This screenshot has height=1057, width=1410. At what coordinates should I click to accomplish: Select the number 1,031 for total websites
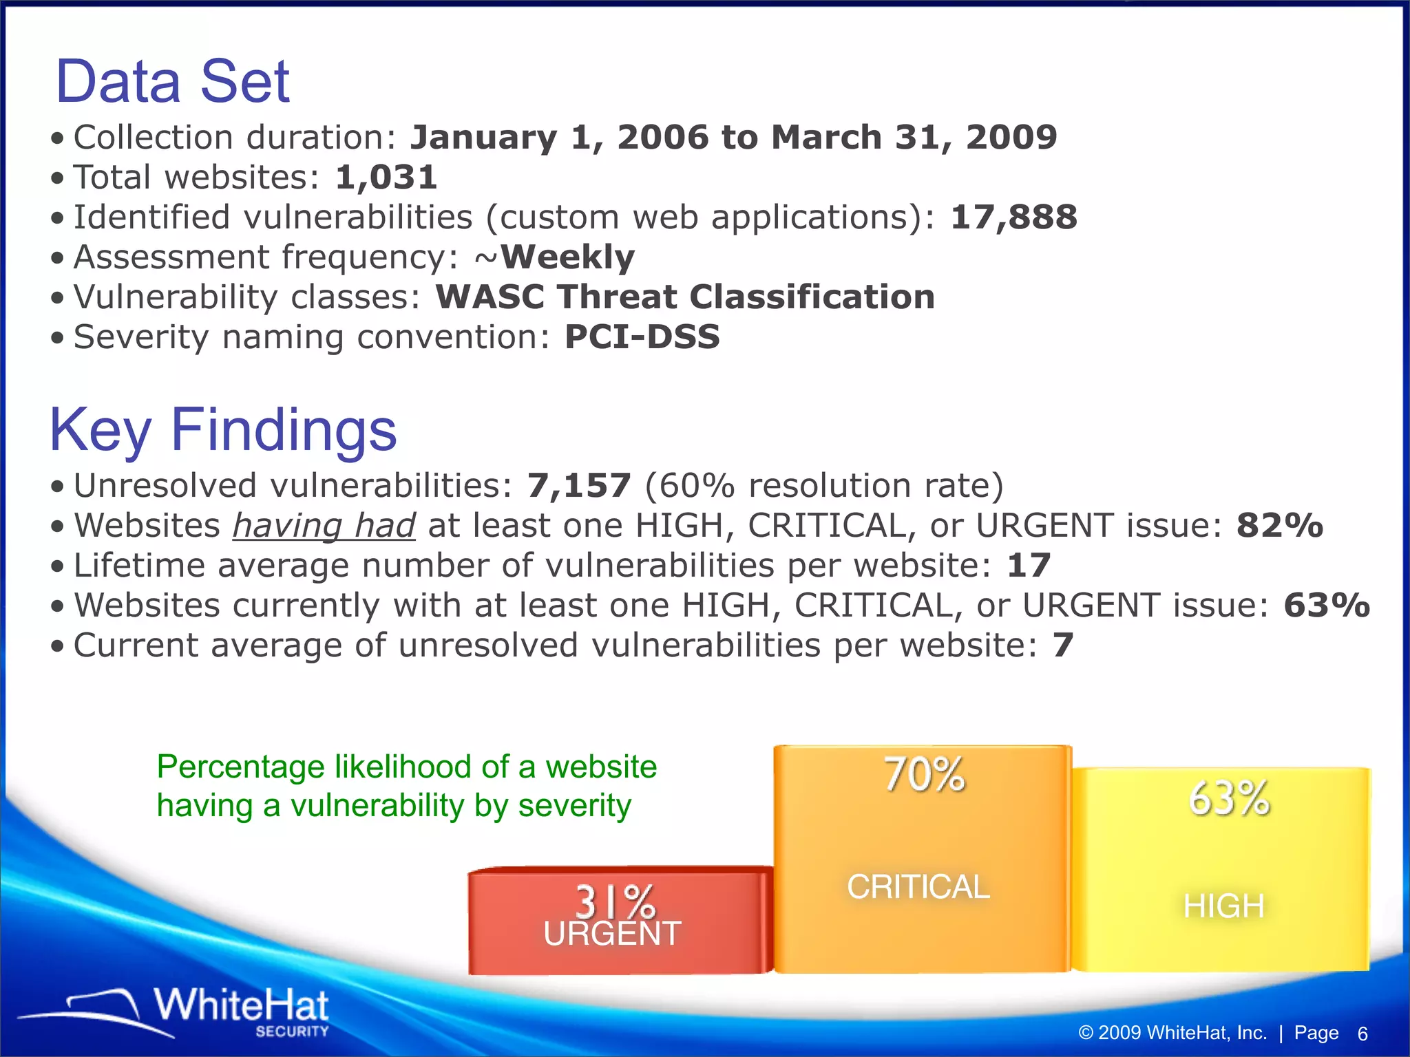click(386, 178)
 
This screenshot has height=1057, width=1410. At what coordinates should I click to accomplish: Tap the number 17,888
click(1013, 217)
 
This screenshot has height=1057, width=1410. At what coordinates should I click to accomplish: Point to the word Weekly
click(567, 257)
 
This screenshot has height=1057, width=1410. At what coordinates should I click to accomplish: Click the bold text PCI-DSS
click(642, 337)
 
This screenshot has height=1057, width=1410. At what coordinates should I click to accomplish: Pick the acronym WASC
click(490, 297)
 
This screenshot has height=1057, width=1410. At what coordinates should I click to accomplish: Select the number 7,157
click(579, 486)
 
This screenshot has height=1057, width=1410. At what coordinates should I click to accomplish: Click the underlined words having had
click(324, 526)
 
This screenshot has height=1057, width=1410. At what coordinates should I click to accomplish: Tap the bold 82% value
click(1279, 526)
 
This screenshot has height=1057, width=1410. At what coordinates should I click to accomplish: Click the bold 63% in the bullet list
click(1326, 606)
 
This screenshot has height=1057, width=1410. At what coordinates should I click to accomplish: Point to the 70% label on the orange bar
click(924, 775)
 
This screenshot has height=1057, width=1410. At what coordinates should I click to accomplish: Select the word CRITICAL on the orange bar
click(918, 886)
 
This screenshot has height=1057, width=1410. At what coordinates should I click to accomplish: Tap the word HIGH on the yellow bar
click(1223, 906)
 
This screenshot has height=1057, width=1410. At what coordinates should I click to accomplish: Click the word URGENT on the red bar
click(612, 935)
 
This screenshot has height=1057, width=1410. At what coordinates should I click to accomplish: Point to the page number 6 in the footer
click(1362, 1034)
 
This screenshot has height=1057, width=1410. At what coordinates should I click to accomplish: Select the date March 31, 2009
click(914, 138)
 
